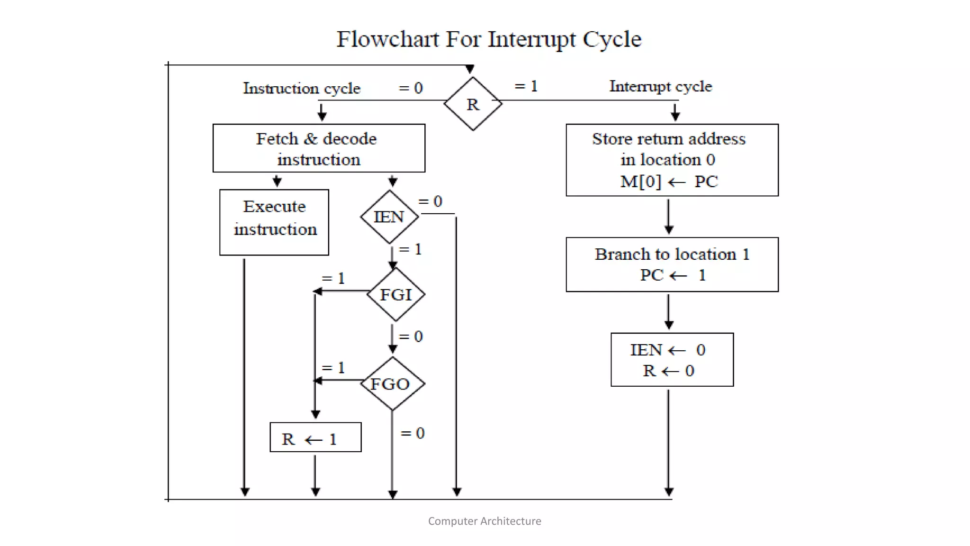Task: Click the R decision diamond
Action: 473,103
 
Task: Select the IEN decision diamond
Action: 389,217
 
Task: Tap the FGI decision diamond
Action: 396,294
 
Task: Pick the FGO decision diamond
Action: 392,383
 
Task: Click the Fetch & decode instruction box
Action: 319,148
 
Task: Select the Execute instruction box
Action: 274,222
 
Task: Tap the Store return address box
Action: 672,160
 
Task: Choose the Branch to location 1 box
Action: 672,264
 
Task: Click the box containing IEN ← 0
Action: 672,360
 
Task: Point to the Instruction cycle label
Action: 302,88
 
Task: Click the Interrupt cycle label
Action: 660,86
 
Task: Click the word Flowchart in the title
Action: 387,39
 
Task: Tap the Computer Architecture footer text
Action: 485,521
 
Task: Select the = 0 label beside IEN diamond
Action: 431,201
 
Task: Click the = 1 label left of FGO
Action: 333,368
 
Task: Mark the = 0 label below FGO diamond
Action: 413,433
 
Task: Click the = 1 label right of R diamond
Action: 526,86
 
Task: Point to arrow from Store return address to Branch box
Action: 668,217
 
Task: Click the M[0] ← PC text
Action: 669,182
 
